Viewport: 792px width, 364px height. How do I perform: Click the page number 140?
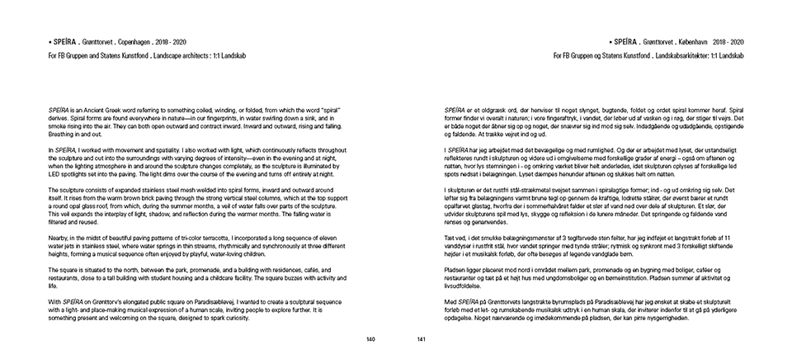coord(371,339)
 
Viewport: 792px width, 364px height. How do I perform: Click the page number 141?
coord(420,339)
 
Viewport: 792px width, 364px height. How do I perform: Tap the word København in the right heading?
coord(691,40)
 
